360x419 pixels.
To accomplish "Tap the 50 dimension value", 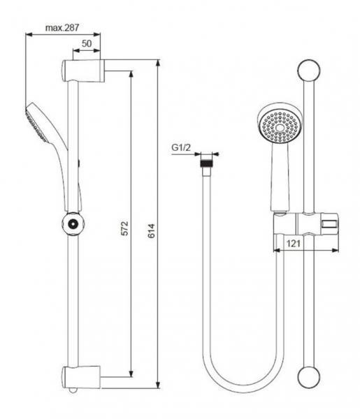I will (x=87, y=44).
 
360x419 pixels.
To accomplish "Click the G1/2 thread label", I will (x=182, y=148).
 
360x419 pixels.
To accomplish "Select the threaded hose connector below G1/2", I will (x=206, y=166).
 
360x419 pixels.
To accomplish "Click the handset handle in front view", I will (x=278, y=182).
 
